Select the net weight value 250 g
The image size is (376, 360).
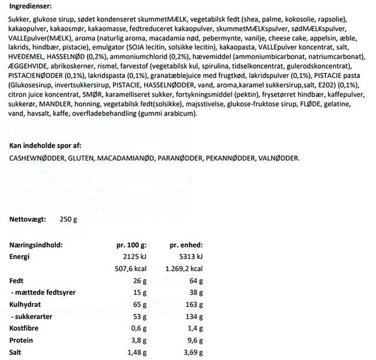[69, 220]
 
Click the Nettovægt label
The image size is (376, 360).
[28, 220]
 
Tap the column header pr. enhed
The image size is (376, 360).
[187, 245]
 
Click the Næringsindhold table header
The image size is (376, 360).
[37, 245]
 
